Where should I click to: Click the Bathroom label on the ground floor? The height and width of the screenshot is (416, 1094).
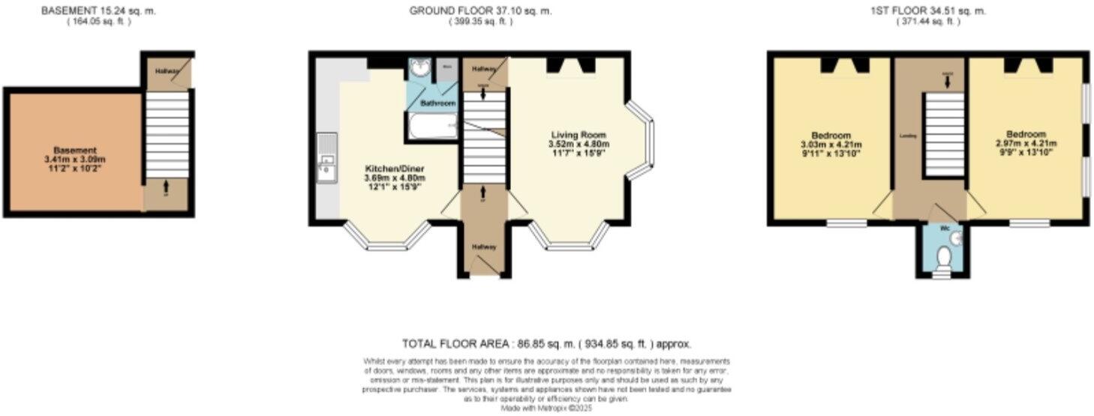pyautogui.click(x=437, y=103)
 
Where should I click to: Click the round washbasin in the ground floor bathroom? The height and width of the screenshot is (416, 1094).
pyautogui.click(x=419, y=70)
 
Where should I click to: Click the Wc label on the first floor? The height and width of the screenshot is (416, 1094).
pyautogui.click(x=945, y=227)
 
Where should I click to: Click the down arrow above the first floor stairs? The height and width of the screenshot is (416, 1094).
pyautogui.click(x=947, y=82)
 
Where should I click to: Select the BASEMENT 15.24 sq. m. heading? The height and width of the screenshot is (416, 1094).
pyautogui.click(x=98, y=10)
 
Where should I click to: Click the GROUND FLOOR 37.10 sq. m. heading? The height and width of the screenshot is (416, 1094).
pyautogui.click(x=481, y=10)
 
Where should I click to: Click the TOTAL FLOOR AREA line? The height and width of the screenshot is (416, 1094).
pyautogui.click(x=547, y=344)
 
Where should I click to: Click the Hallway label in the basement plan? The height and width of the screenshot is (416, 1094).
pyautogui.click(x=166, y=71)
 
